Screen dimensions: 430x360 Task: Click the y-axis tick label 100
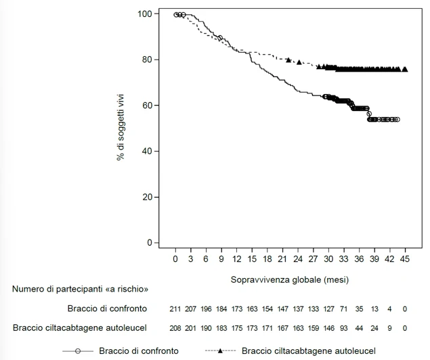pos(145,14)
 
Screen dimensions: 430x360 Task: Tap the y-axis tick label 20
pos(147,197)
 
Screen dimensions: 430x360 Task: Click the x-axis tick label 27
pos(313,259)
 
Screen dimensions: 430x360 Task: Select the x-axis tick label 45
pos(405,259)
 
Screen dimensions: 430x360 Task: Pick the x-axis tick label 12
pos(236,259)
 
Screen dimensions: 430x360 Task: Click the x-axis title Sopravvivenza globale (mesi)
pos(290,279)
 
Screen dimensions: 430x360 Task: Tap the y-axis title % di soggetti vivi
pos(121,127)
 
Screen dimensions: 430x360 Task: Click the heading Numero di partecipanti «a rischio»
pos(80,289)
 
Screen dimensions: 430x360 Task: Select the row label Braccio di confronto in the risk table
pos(107,309)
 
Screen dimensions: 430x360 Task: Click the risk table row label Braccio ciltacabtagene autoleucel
pos(80,328)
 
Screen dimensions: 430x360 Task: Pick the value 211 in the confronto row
pos(175,309)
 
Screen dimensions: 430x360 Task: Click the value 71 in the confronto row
pos(343,309)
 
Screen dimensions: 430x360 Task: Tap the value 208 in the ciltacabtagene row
pos(175,328)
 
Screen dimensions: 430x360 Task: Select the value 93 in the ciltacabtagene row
pos(343,328)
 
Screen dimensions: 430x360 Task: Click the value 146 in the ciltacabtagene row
pos(328,328)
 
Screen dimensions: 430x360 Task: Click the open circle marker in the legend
pos(78,351)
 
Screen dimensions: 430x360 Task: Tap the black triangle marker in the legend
pos(220,351)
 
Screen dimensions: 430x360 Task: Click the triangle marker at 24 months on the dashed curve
pos(299,62)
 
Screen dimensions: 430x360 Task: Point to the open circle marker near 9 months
pos(220,38)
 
